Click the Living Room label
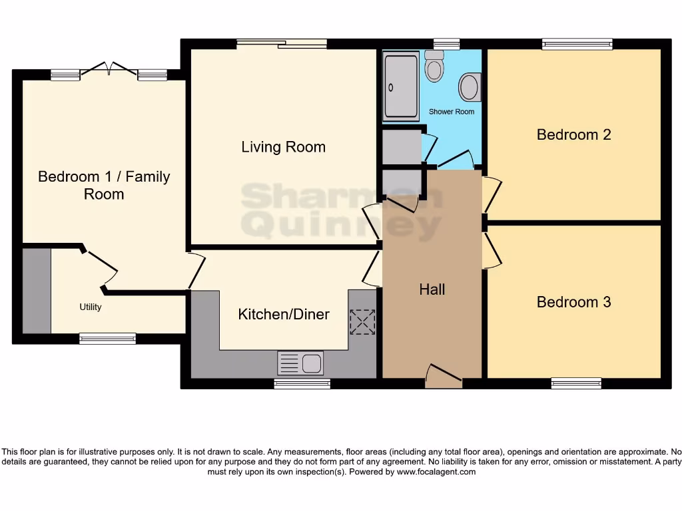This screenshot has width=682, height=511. [x=283, y=147]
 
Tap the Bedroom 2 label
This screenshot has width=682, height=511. [x=573, y=134]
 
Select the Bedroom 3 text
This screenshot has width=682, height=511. [x=573, y=302]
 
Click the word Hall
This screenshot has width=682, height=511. [x=432, y=289]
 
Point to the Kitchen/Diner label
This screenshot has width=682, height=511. [x=284, y=314]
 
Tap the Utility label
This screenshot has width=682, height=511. [x=90, y=307]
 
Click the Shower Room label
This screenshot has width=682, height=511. [x=452, y=112]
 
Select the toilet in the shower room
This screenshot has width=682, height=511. [x=434, y=67]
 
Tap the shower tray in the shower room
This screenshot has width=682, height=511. [x=400, y=87]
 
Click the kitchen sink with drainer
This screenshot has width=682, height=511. [x=300, y=363]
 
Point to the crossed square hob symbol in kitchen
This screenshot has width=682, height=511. [x=362, y=322]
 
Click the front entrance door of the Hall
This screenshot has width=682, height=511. [x=444, y=377]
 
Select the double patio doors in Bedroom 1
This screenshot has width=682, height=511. [x=109, y=70]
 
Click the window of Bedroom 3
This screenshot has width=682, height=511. [x=576, y=383]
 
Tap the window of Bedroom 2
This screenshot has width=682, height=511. [x=577, y=44]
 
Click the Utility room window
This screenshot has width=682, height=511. [x=107, y=339]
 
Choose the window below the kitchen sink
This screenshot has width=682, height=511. [x=302, y=384]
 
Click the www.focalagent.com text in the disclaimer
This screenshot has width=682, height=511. [x=436, y=472]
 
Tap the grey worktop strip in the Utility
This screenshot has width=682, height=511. [x=37, y=291]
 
